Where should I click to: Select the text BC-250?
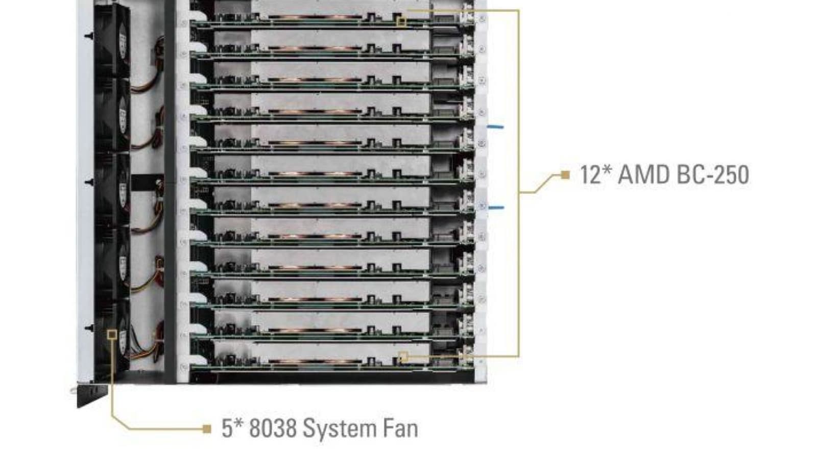pyautogui.click(x=713, y=174)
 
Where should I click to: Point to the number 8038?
pyautogui.click(x=273, y=428)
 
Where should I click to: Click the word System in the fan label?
pyautogui.click(x=339, y=429)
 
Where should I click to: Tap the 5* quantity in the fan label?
pyautogui.click(x=232, y=428)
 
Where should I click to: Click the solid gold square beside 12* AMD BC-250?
pyautogui.click(x=565, y=175)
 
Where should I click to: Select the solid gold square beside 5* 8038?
pyautogui.click(x=207, y=429)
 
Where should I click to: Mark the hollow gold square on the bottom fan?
pyautogui.click(x=112, y=335)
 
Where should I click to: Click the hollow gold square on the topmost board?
pyautogui.click(x=401, y=21)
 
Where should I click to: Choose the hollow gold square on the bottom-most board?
pyautogui.click(x=403, y=356)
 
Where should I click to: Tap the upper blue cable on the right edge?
pyautogui.click(x=495, y=127)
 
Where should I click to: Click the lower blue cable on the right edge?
pyautogui.click(x=496, y=208)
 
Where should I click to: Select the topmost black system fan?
pyautogui.click(x=112, y=40)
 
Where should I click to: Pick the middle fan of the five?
pyautogui.click(x=112, y=189)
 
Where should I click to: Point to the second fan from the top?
pyautogui.click(x=112, y=115)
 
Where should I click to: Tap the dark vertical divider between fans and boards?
pyautogui.click(x=170, y=191)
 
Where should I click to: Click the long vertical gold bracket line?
pyautogui.click(x=518, y=183)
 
